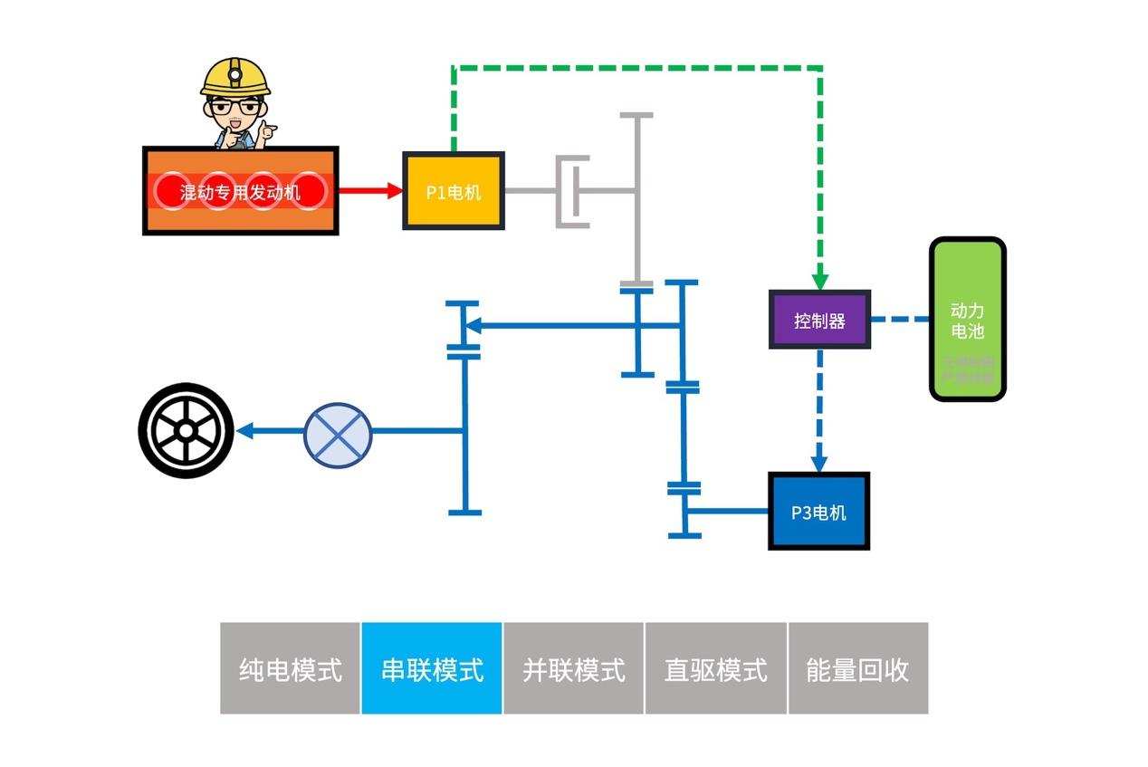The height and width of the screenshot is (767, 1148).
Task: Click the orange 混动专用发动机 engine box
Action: tap(240, 191)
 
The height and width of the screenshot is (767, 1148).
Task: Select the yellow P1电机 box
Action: tap(453, 191)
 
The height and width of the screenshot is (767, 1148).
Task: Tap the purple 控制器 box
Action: tap(819, 320)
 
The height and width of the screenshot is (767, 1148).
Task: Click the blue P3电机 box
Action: tap(818, 512)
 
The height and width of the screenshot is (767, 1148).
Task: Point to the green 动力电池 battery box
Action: tap(967, 319)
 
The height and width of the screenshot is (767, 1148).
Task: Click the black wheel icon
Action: tap(186, 431)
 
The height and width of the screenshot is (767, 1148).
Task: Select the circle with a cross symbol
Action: tap(338, 432)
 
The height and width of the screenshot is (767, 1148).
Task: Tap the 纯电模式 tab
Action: tap(291, 668)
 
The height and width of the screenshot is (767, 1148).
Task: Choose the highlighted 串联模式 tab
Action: tap(432, 668)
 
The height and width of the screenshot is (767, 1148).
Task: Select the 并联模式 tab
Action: tap(574, 668)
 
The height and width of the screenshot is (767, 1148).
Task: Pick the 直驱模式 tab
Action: tap(715, 668)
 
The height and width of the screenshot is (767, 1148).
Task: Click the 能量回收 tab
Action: tap(857, 668)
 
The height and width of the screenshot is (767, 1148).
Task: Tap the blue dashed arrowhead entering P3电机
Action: tap(820, 461)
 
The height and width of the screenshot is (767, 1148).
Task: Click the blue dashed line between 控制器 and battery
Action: tap(900, 319)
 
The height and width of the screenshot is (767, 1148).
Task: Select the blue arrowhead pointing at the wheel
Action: tap(244, 431)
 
